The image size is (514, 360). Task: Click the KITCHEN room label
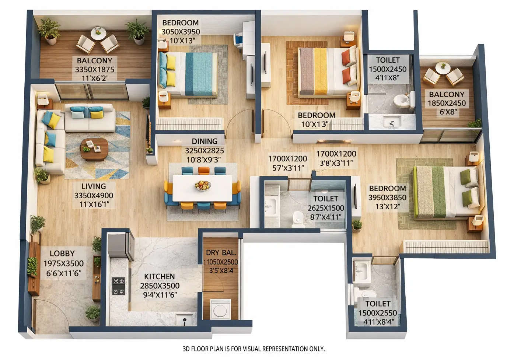tap(159, 276)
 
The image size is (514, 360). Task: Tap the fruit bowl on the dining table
tap(202, 185)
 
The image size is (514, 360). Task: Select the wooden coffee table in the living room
tap(94, 148)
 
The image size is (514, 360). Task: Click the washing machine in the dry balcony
tap(220, 308)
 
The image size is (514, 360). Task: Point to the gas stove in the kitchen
tap(118, 286)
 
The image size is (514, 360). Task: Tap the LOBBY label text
tap(62, 254)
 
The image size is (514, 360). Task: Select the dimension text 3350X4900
tap(94, 196)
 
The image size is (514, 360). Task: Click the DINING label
tap(204, 141)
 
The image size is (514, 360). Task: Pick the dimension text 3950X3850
tap(387, 198)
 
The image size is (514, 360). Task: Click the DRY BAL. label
tap(221, 253)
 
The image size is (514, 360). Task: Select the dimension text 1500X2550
tap(378, 313)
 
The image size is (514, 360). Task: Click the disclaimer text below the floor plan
tap(253, 349)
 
